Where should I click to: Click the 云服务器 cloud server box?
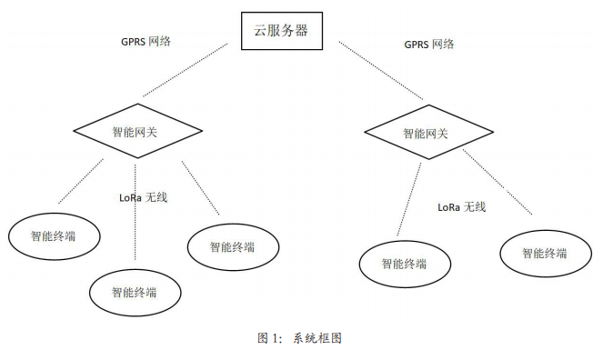pyautogui.click(x=280, y=31)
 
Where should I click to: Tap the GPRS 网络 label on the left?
pyautogui.click(x=146, y=41)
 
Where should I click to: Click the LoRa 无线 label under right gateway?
pyautogui.click(x=461, y=206)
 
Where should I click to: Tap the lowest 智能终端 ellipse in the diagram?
pyautogui.click(x=134, y=292)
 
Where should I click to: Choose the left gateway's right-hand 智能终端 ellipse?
pyautogui.click(x=231, y=246)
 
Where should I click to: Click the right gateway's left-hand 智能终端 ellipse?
pyautogui.click(x=404, y=264)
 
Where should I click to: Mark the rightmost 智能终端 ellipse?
pyautogui.click(x=544, y=254)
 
